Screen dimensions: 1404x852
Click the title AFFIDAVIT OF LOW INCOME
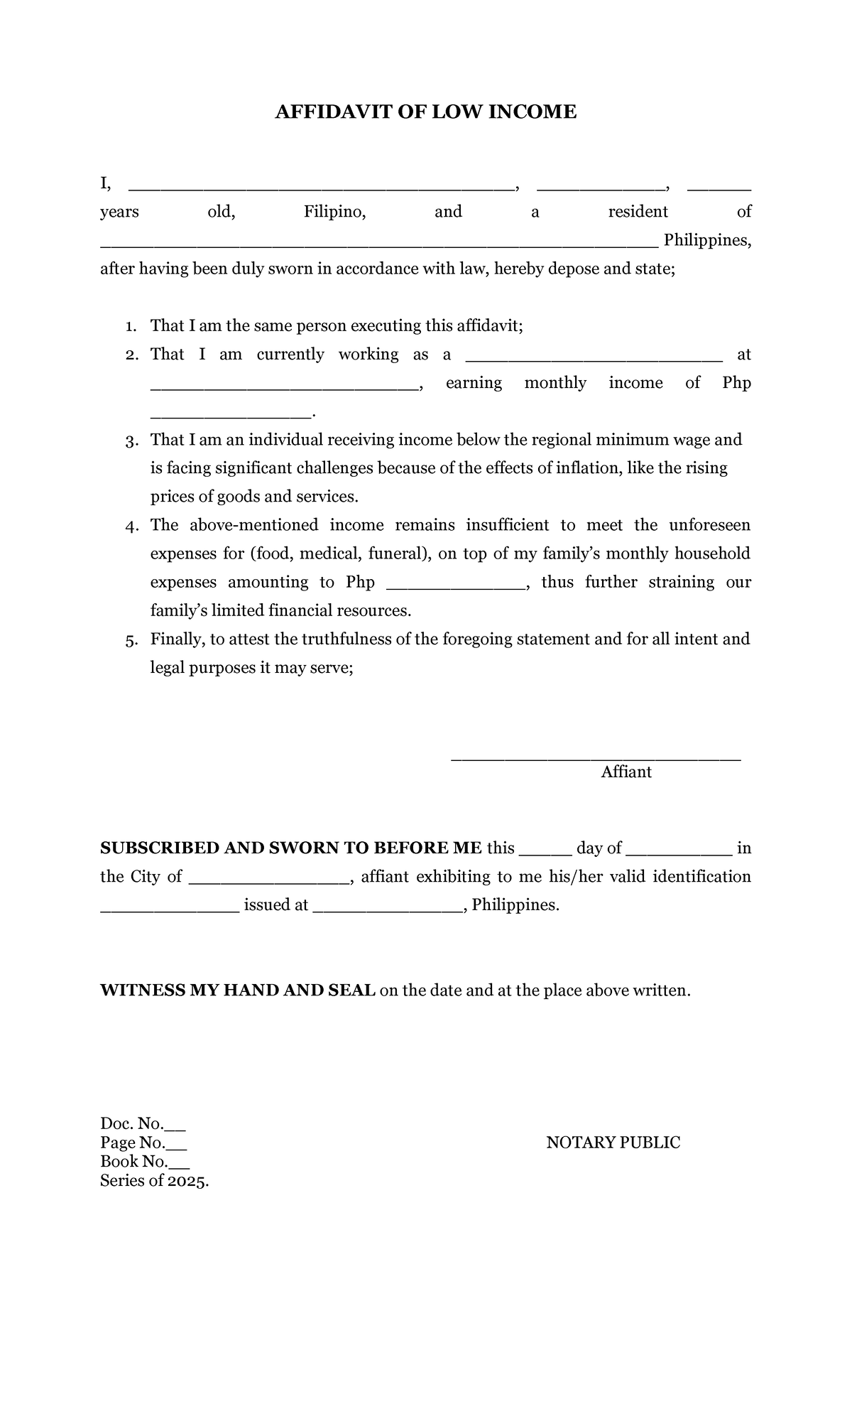click(425, 112)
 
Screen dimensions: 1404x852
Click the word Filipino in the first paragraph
click(334, 212)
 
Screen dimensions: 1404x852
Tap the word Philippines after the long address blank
click(706, 240)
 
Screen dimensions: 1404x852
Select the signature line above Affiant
click(596, 759)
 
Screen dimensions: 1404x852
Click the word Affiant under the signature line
click(626, 772)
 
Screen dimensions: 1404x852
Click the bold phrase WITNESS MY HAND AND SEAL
click(238, 990)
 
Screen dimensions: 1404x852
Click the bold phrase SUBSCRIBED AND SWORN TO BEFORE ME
click(290, 848)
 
